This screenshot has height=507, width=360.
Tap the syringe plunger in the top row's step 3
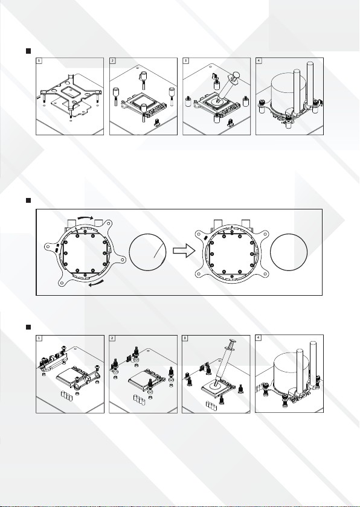click(x=235, y=76)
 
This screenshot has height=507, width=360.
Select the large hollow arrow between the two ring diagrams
click(x=184, y=250)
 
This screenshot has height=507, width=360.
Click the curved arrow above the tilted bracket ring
click(x=85, y=218)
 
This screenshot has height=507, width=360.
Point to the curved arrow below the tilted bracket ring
click(x=97, y=283)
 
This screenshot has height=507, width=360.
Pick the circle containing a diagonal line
click(x=148, y=252)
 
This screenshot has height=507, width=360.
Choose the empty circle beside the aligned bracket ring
click(x=289, y=252)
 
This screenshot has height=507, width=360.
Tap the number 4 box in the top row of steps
click(x=259, y=60)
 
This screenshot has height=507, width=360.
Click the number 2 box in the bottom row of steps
click(x=112, y=338)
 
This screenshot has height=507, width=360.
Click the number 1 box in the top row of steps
click(x=39, y=60)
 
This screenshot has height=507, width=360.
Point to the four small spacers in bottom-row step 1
click(x=66, y=395)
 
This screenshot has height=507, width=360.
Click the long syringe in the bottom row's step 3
click(x=223, y=362)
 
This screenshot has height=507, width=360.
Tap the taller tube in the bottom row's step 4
click(x=313, y=363)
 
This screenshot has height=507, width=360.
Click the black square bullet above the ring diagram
click(x=28, y=200)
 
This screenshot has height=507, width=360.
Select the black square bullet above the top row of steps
click(x=28, y=51)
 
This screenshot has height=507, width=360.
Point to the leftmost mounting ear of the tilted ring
click(x=51, y=248)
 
